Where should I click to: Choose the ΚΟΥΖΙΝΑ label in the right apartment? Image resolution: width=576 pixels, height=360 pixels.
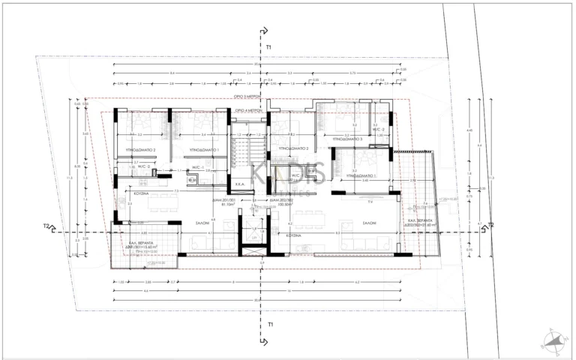(293, 235)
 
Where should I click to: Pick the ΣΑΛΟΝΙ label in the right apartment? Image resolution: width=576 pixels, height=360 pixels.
(369, 223)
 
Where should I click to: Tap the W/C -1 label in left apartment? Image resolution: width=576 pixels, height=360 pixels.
(197, 168)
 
